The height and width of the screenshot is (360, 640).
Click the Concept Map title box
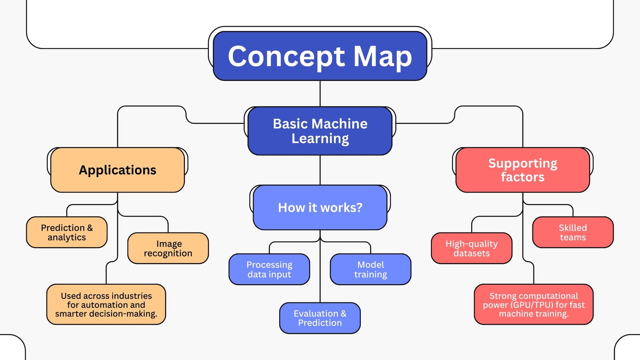point(320,56)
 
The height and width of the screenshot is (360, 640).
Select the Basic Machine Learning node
point(320,131)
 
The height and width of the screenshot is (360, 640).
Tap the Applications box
point(118,170)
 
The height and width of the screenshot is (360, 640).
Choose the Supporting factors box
point(522,170)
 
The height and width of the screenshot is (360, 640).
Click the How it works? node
point(320,208)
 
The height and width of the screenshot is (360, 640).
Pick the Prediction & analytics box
point(67,232)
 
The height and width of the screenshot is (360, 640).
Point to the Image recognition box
point(168,248)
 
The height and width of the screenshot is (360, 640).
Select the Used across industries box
point(106,304)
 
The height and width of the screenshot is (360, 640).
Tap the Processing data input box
point(269,269)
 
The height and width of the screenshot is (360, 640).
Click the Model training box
point(370,269)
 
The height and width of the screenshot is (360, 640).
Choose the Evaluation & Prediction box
point(320,318)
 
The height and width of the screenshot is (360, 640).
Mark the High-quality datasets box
point(472,248)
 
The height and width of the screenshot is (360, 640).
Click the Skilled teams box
point(573,232)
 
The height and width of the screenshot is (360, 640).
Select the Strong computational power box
point(534,304)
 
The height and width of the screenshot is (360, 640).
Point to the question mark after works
point(359,208)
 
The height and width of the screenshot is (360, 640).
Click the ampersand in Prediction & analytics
point(90,228)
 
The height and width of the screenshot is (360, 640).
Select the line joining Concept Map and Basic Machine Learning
point(320,94)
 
